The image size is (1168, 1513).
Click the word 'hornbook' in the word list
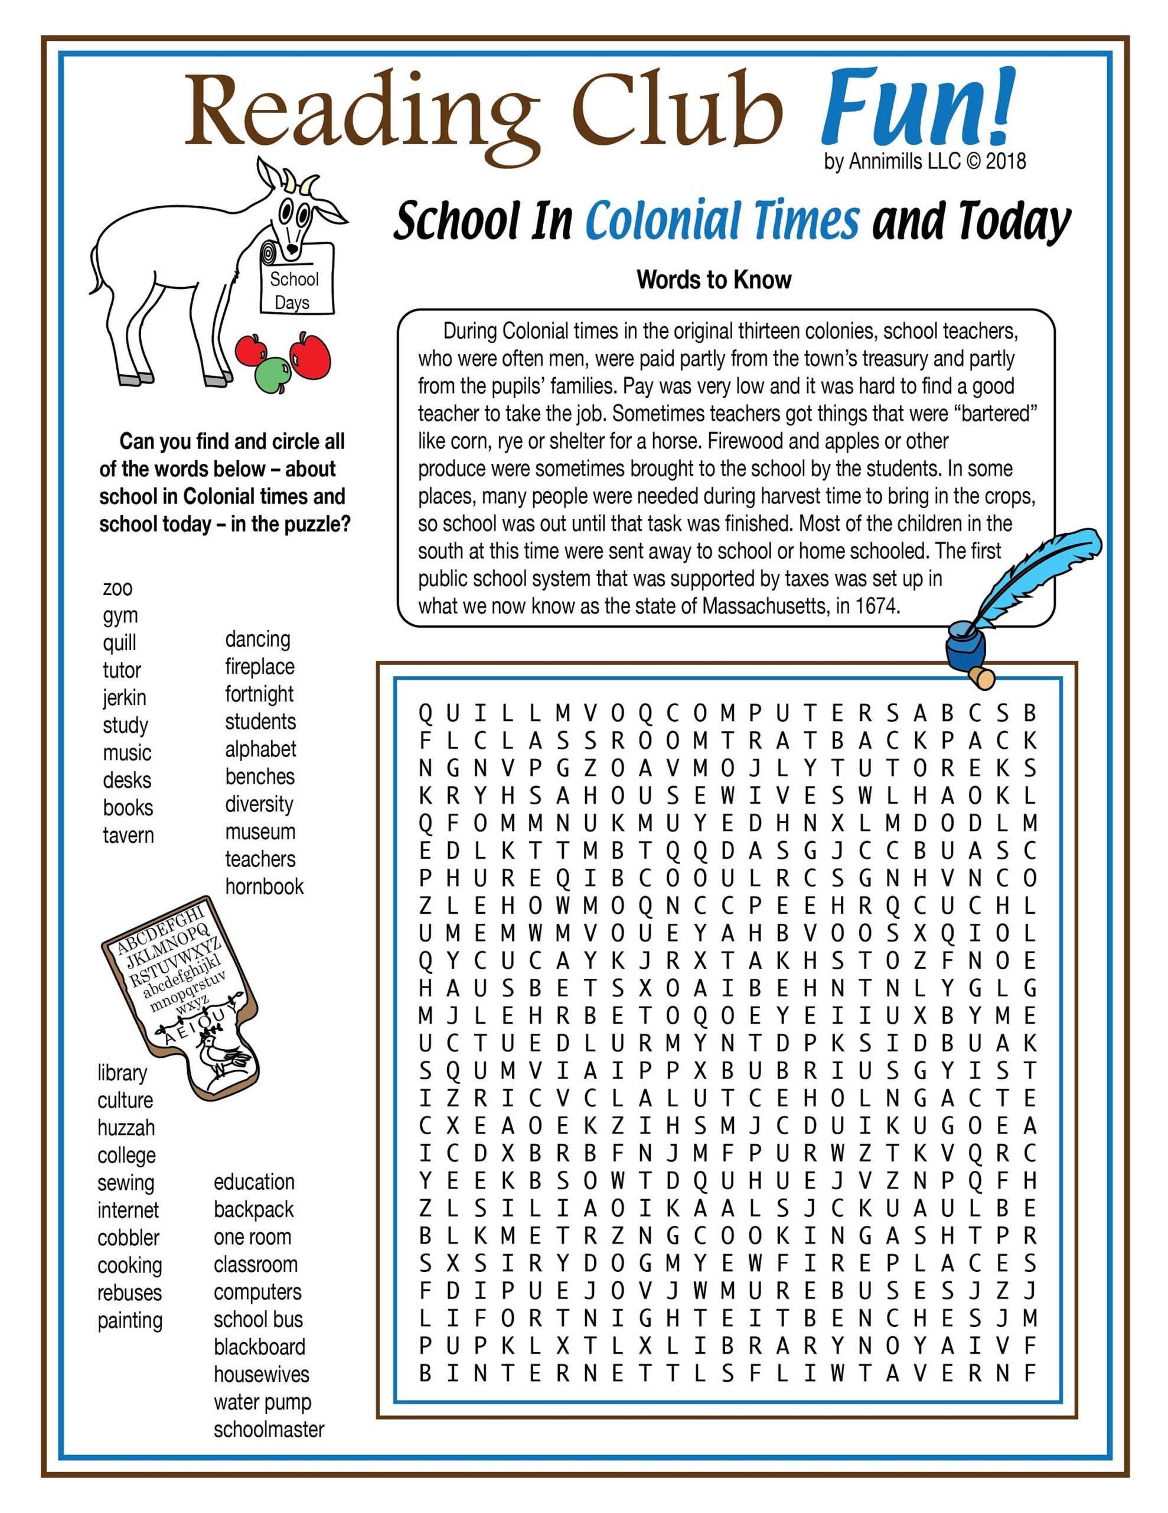(264, 887)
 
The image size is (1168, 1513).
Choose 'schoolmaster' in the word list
(269, 1430)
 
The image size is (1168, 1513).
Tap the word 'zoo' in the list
(118, 588)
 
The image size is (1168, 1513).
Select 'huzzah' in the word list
(126, 1128)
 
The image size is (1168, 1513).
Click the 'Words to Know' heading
(714, 280)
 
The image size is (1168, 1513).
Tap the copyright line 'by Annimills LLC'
(924, 161)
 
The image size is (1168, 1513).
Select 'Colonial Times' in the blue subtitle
(722, 220)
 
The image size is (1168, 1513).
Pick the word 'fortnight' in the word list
(259, 694)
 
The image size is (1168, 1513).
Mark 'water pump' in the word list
(262, 1402)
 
